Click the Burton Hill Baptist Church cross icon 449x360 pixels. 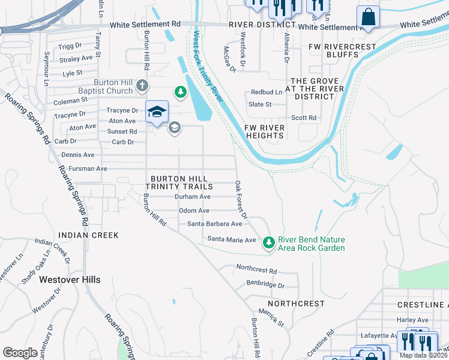coord(142,86)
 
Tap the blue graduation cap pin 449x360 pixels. coord(156,112)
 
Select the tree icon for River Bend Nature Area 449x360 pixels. coord(268,242)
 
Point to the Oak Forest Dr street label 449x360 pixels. coord(241,199)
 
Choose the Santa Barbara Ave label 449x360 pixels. coord(214,224)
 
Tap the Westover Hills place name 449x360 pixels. coord(70,280)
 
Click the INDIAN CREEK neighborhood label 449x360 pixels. coord(88,235)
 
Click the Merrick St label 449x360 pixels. coord(271,318)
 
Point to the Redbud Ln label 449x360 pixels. coord(267,92)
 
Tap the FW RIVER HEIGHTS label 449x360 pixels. coord(264,131)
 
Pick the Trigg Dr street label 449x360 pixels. coord(70,46)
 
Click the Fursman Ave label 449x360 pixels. coord(88,169)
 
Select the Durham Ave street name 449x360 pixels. coord(192,197)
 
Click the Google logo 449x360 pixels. coord(20,353)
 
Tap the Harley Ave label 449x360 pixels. coord(412,320)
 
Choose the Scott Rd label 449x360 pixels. coord(304,118)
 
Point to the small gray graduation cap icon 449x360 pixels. coord(174,127)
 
